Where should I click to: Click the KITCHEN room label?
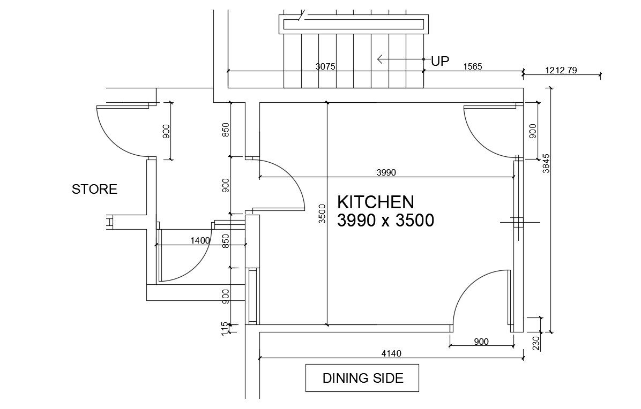(x=375, y=202)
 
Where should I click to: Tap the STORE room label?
(x=94, y=190)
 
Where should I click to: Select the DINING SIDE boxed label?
(x=362, y=378)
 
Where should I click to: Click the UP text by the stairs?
(x=439, y=62)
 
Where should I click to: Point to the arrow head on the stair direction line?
(x=380, y=59)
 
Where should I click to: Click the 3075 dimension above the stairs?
(x=325, y=67)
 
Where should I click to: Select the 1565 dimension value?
(x=472, y=67)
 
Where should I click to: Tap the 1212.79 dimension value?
(x=561, y=70)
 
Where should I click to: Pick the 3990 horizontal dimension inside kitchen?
(x=386, y=172)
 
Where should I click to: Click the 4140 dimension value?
(x=391, y=353)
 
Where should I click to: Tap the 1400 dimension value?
(x=200, y=241)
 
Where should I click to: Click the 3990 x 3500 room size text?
(x=385, y=221)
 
